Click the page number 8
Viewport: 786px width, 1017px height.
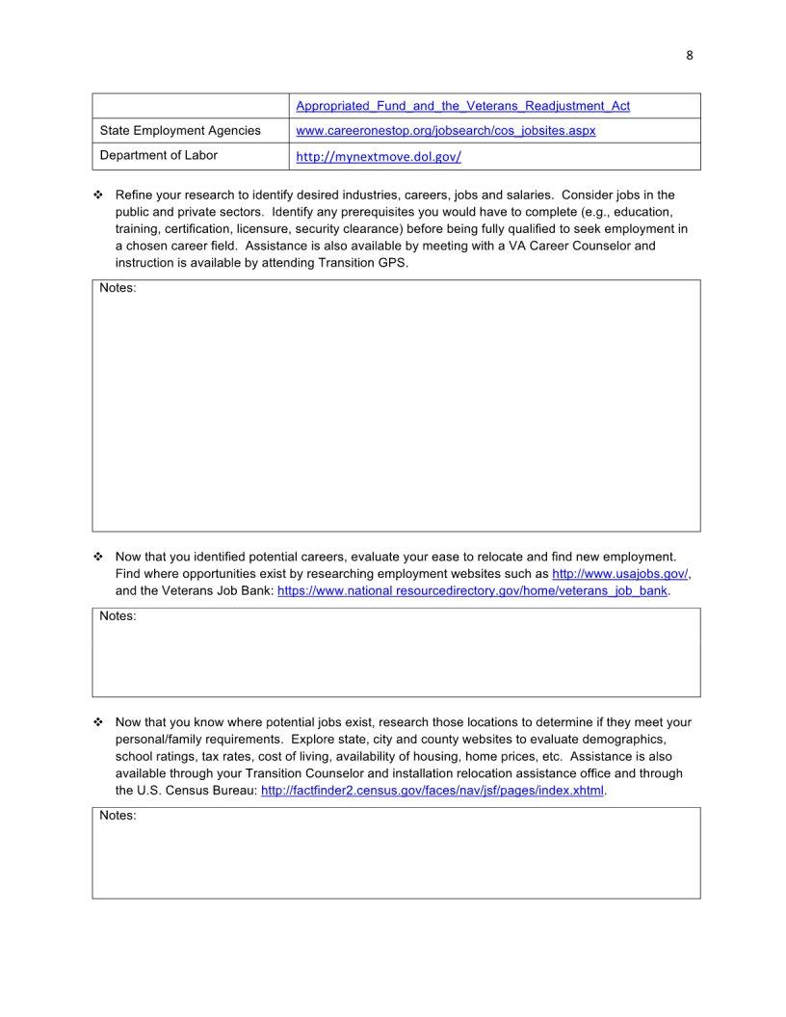click(689, 55)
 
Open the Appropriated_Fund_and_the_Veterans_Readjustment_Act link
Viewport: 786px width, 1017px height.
click(462, 105)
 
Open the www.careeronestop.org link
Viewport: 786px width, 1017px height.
click(445, 130)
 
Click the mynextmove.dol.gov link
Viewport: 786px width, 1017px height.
click(379, 156)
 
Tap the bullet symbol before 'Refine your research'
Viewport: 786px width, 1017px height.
click(98, 196)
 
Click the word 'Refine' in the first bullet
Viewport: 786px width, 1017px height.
click(133, 195)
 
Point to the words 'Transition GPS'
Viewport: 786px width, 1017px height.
click(367, 262)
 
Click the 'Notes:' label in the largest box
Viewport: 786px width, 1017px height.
click(118, 288)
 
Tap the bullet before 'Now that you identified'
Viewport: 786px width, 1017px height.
click(98, 557)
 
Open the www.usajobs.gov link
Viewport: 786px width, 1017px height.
click(620, 573)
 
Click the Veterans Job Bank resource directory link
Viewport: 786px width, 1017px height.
click(472, 590)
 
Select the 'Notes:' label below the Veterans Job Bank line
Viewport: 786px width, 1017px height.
click(118, 615)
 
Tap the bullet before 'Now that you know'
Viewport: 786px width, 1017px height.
click(98, 722)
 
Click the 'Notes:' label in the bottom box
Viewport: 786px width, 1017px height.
click(118, 816)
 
